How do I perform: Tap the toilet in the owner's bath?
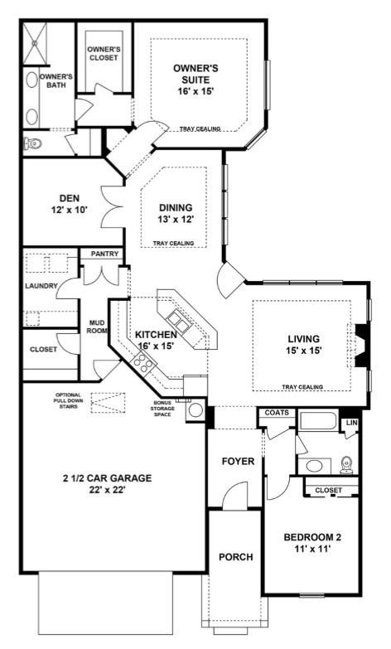click(x=33, y=143)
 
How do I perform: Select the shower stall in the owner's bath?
click(x=35, y=43)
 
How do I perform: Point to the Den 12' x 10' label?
click(x=70, y=204)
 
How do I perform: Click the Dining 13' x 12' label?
click(x=176, y=213)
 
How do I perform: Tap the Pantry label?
click(x=104, y=254)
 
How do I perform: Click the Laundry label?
click(x=41, y=286)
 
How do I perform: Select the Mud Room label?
click(x=98, y=327)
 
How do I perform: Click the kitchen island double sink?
click(x=178, y=321)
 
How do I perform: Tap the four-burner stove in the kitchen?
click(x=143, y=362)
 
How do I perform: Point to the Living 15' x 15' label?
click(x=304, y=344)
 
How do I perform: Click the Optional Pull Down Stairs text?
click(x=68, y=400)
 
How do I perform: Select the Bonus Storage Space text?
click(x=164, y=408)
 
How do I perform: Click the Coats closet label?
click(x=277, y=412)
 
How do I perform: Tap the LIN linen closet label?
click(x=352, y=423)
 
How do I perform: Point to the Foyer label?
click(x=238, y=461)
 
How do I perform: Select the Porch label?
click(x=236, y=557)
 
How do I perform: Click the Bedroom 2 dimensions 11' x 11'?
click(x=312, y=549)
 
